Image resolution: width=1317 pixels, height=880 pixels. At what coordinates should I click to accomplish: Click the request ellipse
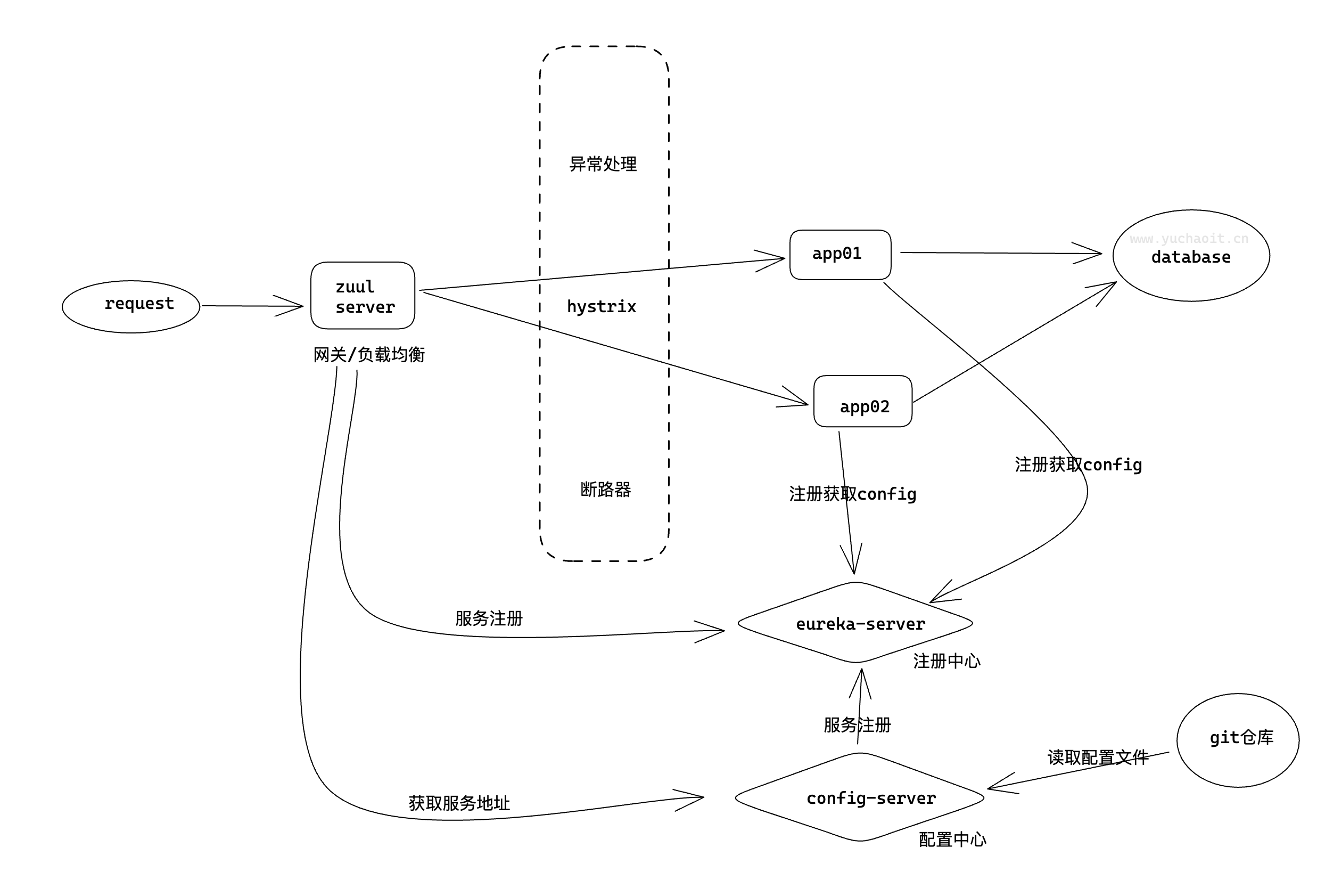click(131, 307)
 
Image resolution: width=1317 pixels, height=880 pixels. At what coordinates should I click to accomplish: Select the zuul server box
click(363, 296)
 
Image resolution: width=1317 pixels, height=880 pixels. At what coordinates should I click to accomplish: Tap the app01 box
click(840, 255)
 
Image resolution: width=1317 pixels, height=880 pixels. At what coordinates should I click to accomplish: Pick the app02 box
click(863, 402)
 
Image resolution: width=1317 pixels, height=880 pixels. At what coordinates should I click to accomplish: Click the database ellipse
click(1191, 256)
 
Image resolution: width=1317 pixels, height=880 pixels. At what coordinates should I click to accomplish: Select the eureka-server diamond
click(855, 623)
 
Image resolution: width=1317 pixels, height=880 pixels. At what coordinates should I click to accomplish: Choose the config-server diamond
click(860, 797)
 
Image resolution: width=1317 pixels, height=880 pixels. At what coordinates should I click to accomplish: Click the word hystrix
click(602, 306)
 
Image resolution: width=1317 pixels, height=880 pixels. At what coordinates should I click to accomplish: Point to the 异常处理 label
click(603, 164)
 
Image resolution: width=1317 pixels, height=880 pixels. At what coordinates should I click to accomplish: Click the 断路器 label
click(605, 490)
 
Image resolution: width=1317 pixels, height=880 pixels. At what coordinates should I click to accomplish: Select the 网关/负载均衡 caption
click(368, 355)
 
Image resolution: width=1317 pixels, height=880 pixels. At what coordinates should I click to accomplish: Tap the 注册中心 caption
click(947, 661)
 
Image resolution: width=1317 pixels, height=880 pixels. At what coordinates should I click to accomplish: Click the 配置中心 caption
click(952, 840)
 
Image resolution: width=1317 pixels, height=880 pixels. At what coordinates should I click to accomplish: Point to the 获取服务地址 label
click(459, 803)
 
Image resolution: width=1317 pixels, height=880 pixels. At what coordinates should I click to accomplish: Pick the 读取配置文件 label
click(1098, 757)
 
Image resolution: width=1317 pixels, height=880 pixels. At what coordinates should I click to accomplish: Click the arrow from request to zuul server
click(252, 306)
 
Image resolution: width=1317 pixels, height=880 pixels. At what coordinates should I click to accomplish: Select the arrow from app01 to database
click(999, 253)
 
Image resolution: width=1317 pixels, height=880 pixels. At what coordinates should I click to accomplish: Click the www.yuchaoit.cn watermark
click(1189, 239)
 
